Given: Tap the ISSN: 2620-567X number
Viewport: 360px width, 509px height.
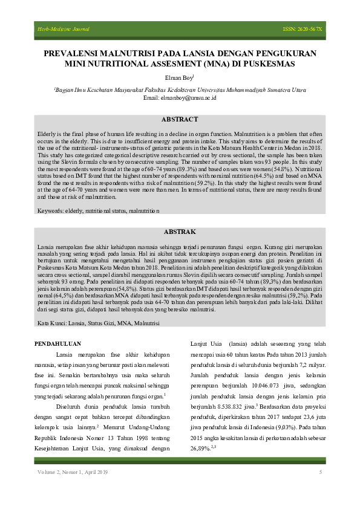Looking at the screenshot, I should (x=303, y=29).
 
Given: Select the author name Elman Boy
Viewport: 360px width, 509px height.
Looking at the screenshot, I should (x=179, y=77).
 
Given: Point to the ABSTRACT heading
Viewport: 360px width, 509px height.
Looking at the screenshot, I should (x=180, y=119).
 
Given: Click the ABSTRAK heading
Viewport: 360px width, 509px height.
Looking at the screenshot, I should (x=180, y=232).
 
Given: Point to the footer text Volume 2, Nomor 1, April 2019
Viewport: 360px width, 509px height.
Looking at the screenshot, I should (x=73, y=472).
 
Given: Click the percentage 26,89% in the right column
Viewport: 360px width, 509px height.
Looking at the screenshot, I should (x=203, y=449).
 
